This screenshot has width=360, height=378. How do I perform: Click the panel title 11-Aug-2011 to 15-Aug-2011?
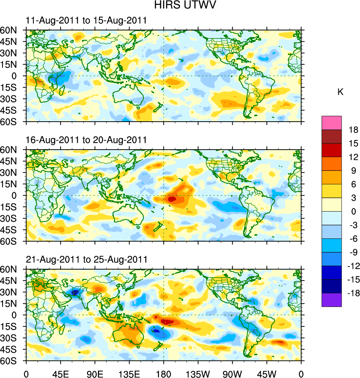pos(86,21)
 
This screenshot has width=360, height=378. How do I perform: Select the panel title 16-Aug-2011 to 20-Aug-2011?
pos(86,140)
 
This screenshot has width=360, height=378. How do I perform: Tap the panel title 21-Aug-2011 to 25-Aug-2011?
pos(86,259)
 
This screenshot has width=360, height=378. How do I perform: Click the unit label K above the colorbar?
pos(340,92)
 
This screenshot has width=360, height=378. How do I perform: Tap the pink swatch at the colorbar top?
pos(332,122)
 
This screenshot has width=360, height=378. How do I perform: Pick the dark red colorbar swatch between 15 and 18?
pos(332,136)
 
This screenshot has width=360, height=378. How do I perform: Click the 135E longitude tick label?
pos(129,374)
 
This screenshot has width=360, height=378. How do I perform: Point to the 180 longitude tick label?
pos(164,374)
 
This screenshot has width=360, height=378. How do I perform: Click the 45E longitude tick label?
pos(60,374)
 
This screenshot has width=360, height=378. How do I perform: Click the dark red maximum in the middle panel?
pos(172,199)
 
